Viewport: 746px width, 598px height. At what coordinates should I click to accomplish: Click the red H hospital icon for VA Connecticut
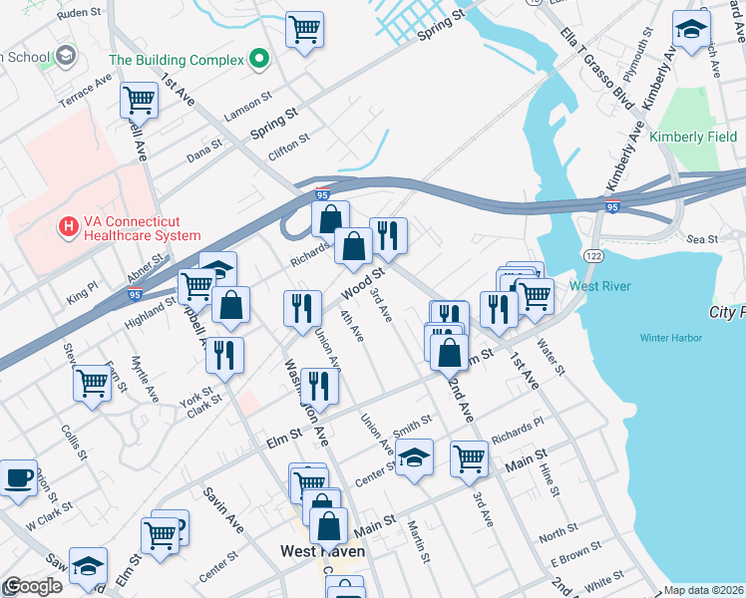[x=68, y=228]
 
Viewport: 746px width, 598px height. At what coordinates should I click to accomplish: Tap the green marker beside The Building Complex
[x=259, y=60]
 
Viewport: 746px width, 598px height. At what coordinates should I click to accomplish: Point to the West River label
[x=599, y=286]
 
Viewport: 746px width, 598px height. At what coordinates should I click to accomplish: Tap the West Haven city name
[x=322, y=551]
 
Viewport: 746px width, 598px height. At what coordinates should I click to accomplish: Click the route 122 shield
[x=594, y=256]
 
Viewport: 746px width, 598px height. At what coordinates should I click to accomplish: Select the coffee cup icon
[x=17, y=477]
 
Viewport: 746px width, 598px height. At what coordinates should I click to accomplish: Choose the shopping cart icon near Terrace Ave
[x=140, y=100]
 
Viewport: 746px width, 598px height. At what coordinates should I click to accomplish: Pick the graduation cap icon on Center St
[x=415, y=457]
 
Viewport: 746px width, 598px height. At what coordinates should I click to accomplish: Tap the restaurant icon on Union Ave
[x=319, y=385]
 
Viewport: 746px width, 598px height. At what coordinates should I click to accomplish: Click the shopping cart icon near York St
[x=92, y=382]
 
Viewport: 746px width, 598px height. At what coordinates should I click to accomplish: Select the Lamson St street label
[x=248, y=108]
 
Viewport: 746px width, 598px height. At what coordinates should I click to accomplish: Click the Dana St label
[x=203, y=152]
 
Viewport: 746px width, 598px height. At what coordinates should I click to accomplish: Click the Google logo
[x=33, y=587]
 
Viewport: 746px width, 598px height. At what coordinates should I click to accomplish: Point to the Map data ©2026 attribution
[x=703, y=590]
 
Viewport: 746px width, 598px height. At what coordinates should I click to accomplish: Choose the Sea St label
[x=703, y=239]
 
